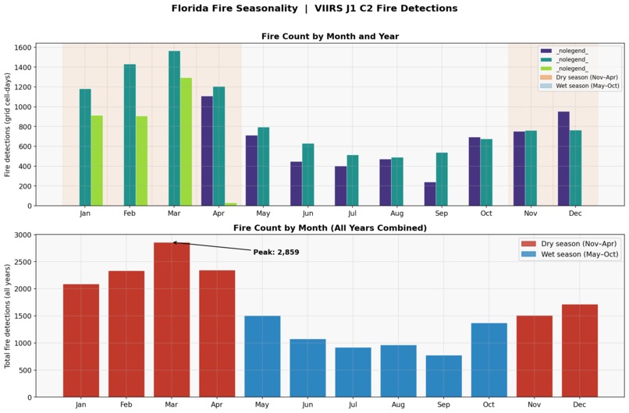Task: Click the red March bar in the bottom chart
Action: [x=171, y=319]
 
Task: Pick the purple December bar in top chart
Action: [x=563, y=159]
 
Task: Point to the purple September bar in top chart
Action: [x=430, y=194]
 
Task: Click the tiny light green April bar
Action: [x=231, y=204]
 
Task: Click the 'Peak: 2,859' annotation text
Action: [x=275, y=252]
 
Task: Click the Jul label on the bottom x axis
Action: [x=353, y=404]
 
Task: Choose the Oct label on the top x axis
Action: [x=486, y=213]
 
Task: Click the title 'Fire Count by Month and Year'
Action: [x=329, y=37]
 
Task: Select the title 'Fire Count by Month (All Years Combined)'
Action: [x=329, y=228]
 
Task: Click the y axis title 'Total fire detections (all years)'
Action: [x=8, y=316]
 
